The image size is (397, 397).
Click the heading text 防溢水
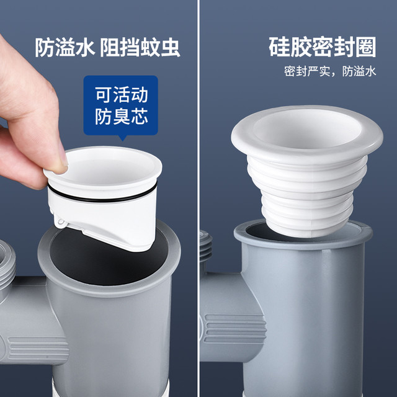tap(65, 47)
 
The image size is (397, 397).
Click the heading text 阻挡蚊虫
tap(140, 47)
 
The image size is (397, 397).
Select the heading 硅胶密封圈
tap(323, 47)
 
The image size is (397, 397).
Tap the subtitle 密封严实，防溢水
tap(330, 71)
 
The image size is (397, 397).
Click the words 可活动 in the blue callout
tap(122, 94)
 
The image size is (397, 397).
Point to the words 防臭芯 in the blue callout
tap(122, 116)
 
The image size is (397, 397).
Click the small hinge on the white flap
tap(60, 222)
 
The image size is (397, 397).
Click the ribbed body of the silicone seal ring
tap(307, 197)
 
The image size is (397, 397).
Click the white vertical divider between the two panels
tap(198, 198)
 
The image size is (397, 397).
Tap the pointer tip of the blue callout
tap(123, 141)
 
